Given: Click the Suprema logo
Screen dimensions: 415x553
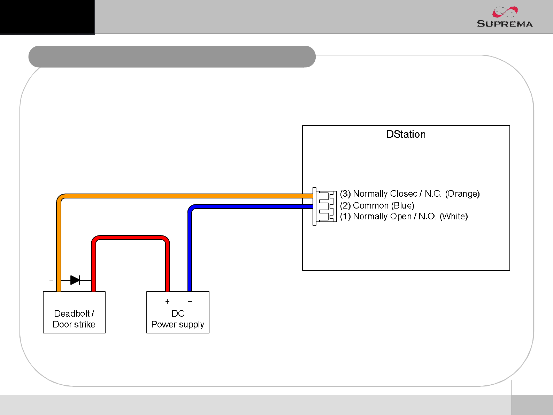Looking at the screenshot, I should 505,17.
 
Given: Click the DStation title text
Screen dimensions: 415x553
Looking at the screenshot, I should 406,134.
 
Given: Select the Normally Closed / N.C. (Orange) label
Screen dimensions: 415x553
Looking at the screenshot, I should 410,194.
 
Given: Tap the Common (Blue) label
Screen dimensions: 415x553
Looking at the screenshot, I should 377,205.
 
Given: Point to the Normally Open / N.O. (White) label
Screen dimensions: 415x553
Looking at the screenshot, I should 404,216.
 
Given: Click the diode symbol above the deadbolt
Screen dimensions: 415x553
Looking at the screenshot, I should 75,280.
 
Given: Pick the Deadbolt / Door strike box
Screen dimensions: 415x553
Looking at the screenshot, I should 74,312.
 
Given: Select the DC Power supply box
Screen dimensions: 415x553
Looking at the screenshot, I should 178,312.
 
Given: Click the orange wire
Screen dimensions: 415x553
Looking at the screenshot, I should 174,196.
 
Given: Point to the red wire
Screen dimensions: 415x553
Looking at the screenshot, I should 131,237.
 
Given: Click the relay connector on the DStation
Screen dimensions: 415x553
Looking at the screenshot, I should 325,206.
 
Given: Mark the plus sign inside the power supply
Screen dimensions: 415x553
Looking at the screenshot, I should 167,301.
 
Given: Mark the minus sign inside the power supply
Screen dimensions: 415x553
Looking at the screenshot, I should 190,301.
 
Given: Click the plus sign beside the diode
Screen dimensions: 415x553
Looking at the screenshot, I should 99,280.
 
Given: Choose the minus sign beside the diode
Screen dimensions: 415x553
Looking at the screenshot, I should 51,280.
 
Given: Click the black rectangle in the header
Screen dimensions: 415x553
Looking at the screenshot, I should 47,17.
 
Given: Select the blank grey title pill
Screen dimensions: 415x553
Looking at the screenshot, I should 172,56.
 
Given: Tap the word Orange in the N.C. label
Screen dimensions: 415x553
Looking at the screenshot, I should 462,194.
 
